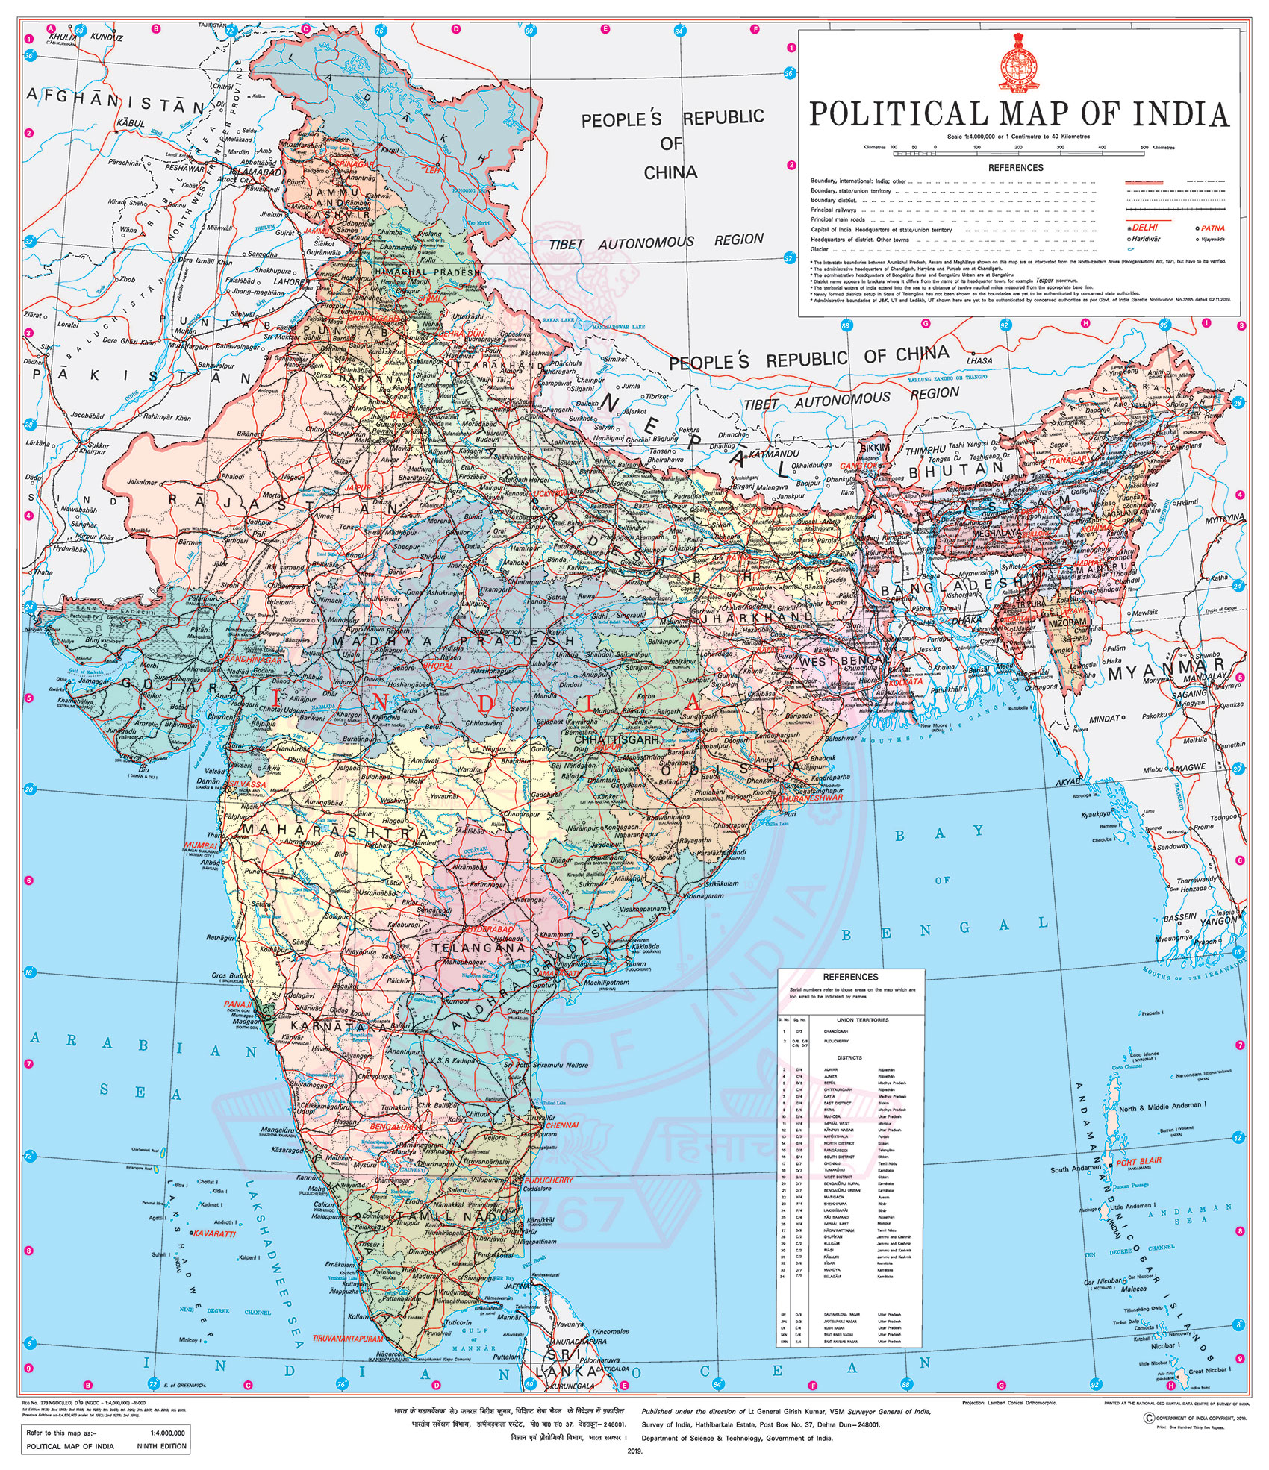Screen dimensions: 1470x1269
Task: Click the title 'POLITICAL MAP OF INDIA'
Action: [x=1019, y=113]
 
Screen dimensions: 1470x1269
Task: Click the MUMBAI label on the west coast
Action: [x=201, y=846]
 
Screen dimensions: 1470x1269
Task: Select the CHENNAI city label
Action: [x=562, y=1125]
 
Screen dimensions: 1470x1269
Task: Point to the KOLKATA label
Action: [x=905, y=681]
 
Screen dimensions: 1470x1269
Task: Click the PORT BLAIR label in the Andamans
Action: [x=1139, y=1162]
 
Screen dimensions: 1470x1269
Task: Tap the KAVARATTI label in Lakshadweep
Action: [x=213, y=1234]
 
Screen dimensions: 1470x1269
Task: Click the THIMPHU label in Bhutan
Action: [x=926, y=451]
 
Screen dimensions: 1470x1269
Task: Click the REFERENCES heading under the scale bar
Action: [x=1015, y=168]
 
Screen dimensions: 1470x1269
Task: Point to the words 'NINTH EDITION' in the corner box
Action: [x=160, y=1446]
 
